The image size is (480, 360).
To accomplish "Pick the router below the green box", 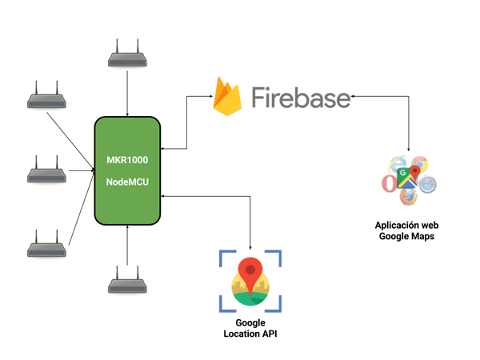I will (x=126, y=282).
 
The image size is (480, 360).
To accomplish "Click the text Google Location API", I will (x=250, y=328).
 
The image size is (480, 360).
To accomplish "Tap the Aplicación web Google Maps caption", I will (x=409, y=230).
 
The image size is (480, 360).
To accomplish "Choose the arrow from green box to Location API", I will (x=250, y=220).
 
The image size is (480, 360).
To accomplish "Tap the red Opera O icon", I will (x=388, y=185).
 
